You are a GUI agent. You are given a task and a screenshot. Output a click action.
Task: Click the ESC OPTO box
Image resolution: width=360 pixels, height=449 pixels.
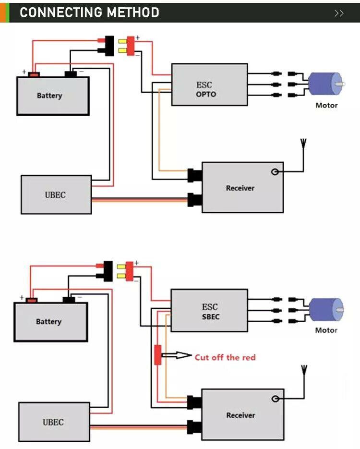point(209,85)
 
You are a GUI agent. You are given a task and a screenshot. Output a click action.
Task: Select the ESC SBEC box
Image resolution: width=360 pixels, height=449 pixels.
point(209,310)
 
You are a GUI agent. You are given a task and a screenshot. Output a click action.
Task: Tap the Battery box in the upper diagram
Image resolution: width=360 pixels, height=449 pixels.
point(53,96)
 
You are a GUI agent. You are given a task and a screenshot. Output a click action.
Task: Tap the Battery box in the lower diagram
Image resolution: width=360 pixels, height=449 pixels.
point(51,322)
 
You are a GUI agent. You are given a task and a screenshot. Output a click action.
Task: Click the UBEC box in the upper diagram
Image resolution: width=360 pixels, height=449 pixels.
point(56,194)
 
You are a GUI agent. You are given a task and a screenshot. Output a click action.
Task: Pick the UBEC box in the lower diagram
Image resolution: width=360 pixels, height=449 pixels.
point(54,422)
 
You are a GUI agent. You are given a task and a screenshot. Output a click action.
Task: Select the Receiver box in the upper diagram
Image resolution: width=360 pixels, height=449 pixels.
point(243,188)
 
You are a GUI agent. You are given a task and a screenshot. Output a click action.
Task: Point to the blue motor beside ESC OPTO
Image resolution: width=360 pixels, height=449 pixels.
point(326,84)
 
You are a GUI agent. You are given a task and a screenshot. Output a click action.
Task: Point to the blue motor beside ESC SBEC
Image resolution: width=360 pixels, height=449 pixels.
point(326,310)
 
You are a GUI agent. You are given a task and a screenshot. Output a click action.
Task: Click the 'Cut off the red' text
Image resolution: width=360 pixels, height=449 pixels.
point(225,357)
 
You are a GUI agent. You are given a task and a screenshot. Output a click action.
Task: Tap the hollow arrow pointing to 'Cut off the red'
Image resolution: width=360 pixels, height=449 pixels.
point(176,355)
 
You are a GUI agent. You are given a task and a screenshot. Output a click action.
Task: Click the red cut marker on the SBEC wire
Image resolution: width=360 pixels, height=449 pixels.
point(157,355)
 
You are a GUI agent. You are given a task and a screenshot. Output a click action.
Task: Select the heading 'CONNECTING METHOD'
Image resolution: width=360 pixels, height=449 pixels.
point(89,12)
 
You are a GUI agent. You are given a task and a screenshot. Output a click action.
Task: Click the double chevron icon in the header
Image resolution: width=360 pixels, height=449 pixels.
point(339,13)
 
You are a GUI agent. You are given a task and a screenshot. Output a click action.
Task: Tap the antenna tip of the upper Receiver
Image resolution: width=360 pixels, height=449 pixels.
point(303,139)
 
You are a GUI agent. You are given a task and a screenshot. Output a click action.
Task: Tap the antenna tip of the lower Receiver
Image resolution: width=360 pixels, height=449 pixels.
point(304,366)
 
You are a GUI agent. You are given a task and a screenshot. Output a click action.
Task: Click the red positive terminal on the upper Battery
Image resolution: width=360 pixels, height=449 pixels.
point(34,74)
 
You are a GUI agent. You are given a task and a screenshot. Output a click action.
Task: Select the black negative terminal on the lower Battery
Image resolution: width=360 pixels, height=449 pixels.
point(69,300)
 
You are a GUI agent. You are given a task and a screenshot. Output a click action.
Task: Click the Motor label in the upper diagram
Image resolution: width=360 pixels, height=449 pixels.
point(326,105)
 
